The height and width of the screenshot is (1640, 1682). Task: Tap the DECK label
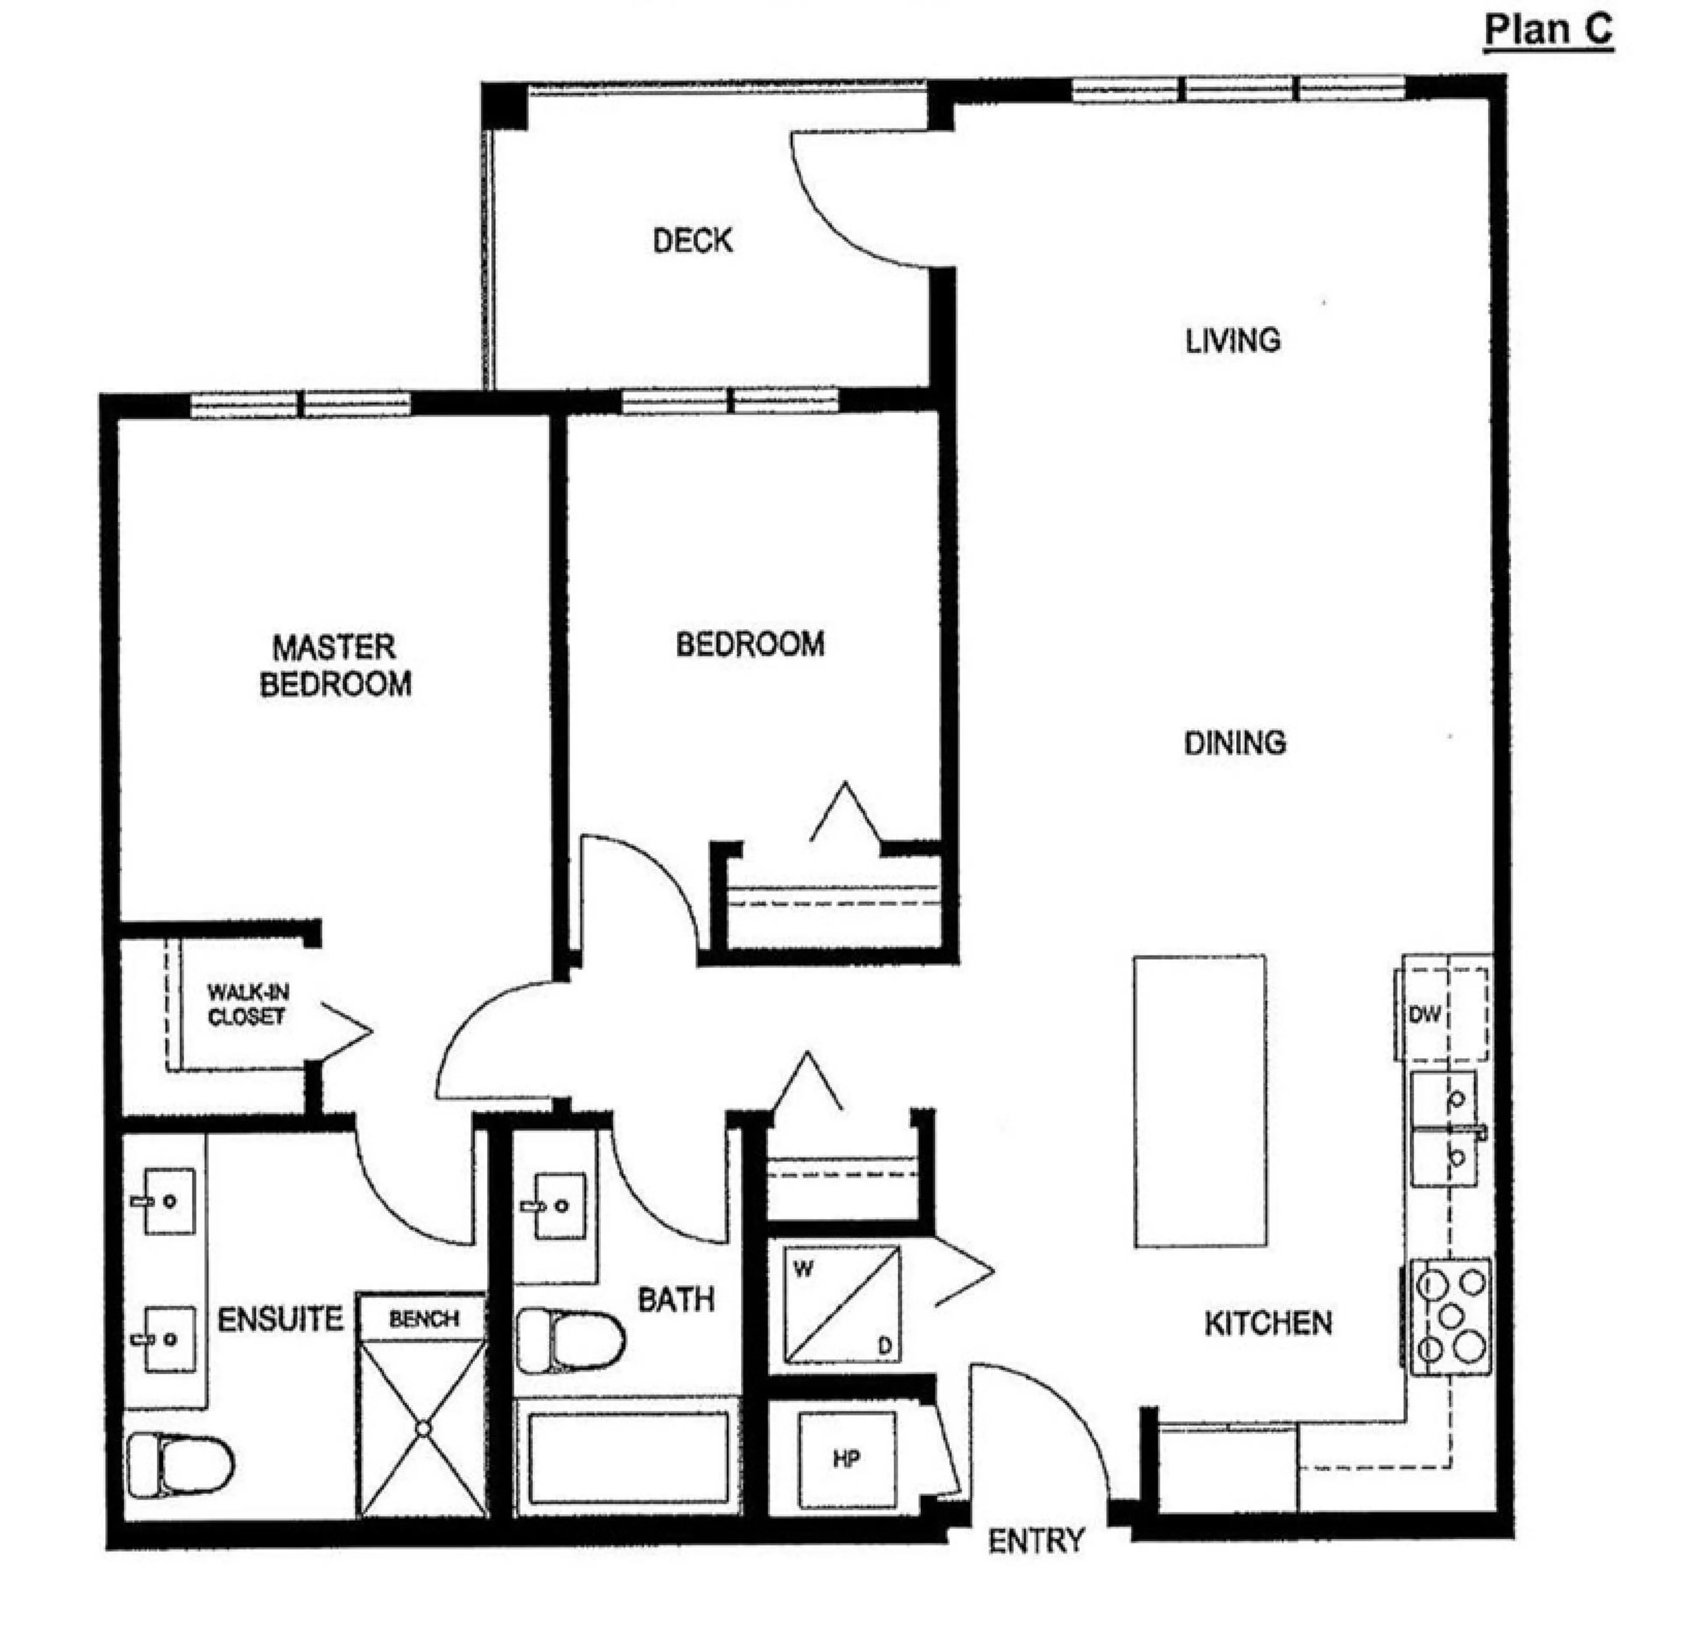[693, 240]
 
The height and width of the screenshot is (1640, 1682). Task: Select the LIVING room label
[1232, 341]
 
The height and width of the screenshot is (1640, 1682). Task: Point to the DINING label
[1235, 743]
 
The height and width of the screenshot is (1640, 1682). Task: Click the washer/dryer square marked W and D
[842, 1305]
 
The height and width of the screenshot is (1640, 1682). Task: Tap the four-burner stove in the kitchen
[1450, 1316]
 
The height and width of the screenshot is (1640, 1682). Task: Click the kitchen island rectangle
[1199, 1101]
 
